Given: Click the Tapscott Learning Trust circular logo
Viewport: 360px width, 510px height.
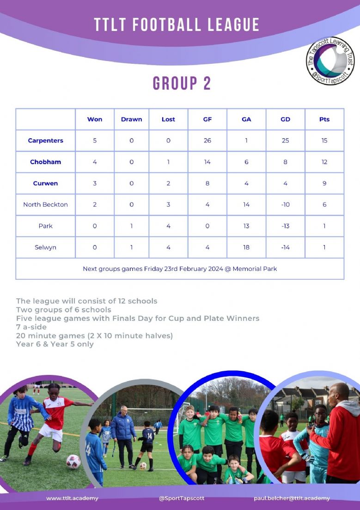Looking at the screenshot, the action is coord(330,61).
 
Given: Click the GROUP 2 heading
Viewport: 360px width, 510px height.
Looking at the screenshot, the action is coord(182,83).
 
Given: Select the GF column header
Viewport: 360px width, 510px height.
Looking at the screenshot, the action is coord(207,119).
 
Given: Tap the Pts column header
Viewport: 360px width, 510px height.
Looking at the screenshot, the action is coord(324,119).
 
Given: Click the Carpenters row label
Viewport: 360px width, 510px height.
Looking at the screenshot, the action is coord(46,141).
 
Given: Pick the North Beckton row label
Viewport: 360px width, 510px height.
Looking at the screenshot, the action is coord(46,204).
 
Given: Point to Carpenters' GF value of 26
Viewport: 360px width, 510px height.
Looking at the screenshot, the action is coord(207,141).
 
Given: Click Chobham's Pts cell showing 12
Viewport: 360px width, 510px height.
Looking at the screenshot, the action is coord(324,162).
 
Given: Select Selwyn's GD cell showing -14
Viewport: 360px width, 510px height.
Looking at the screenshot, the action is coord(285,247).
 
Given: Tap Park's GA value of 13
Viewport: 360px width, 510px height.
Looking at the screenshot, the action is coord(246,226).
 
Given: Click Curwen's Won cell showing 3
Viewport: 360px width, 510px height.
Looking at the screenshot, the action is coord(95,184).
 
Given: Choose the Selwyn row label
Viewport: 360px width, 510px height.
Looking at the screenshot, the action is coord(46,247).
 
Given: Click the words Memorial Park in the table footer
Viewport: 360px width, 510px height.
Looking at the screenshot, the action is coord(255,269).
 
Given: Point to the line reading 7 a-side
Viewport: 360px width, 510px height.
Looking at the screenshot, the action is coord(31,327).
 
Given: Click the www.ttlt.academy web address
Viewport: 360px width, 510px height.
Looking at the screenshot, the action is coord(72,498).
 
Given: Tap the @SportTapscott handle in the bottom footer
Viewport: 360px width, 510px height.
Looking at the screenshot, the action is coord(182,498).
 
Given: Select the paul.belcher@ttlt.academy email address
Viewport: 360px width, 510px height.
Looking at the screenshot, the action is coord(292,498).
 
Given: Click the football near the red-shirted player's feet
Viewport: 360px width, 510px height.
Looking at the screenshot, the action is coord(73,461).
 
